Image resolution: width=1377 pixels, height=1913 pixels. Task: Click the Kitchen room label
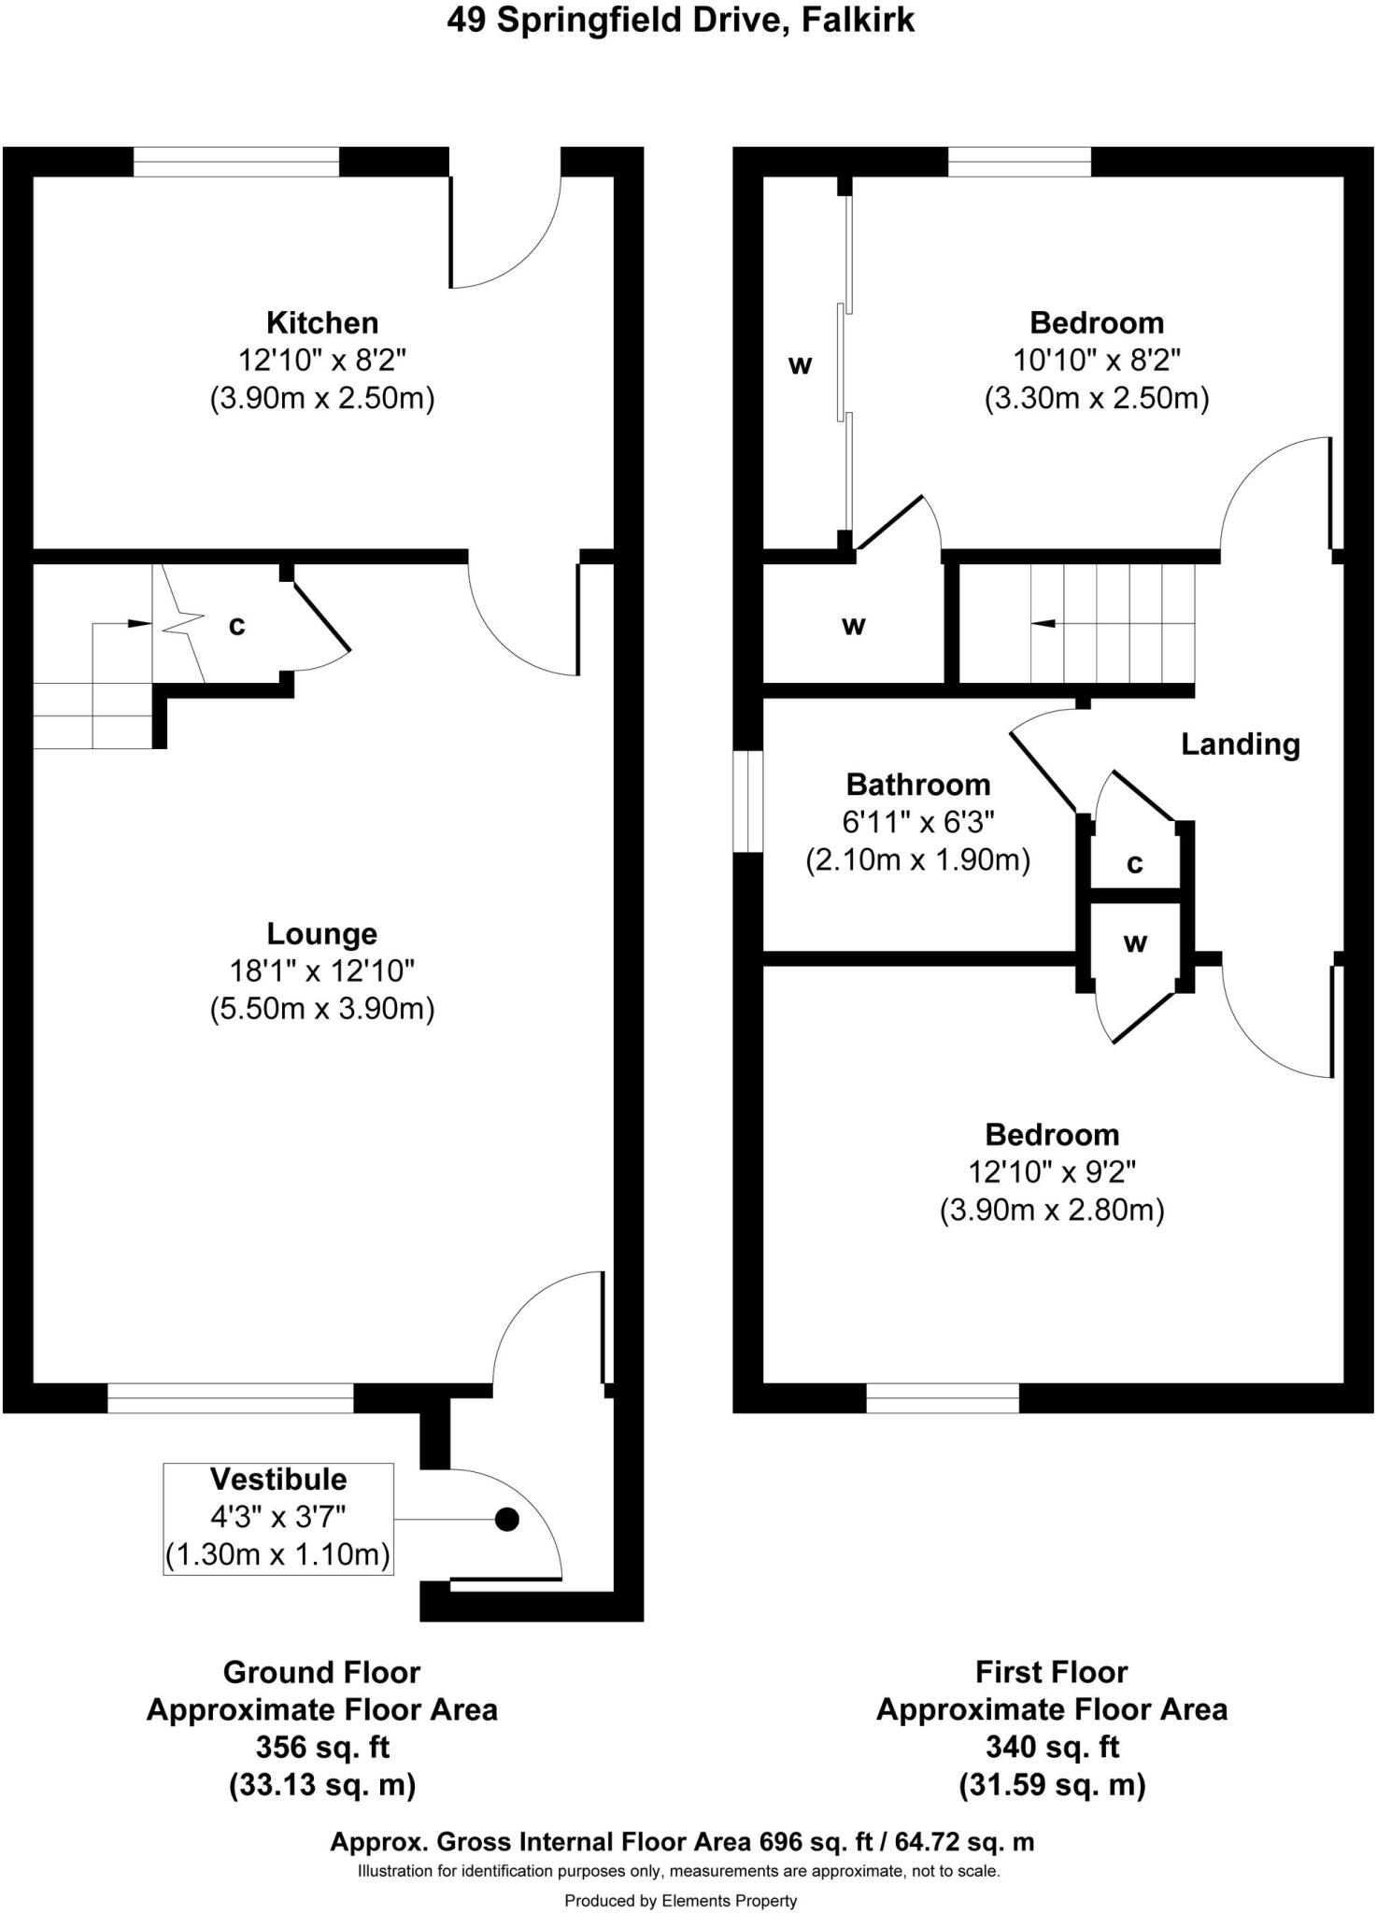tap(322, 323)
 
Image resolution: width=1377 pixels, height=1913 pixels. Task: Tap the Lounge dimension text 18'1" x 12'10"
tap(322, 971)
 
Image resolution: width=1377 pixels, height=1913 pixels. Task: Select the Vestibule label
tap(278, 1480)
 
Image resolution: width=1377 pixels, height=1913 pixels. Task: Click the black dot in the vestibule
tap(506, 1520)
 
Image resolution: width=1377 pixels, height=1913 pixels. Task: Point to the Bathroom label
tap(917, 785)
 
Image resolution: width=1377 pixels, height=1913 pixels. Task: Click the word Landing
tap(1241, 744)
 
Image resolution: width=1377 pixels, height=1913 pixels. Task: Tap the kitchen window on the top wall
tap(236, 162)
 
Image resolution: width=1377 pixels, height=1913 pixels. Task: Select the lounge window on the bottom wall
tap(231, 1398)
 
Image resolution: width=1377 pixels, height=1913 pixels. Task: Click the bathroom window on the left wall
tap(747, 801)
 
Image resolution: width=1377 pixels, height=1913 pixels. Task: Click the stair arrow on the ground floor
tap(138, 623)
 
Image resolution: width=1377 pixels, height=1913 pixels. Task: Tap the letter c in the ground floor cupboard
tap(237, 626)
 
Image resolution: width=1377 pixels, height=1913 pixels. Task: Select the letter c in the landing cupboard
tap(1135, 864)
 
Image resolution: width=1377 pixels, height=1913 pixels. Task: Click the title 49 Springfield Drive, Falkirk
tap(680, 21)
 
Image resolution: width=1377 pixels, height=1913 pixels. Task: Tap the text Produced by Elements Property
tap(680, 1900)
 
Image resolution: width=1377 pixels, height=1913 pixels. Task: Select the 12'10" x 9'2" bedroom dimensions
tap(1052, 1171)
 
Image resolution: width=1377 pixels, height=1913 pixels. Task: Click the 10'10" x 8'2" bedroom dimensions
tap(1097, 360)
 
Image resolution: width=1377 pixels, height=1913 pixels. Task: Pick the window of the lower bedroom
tap(943, 1398)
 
